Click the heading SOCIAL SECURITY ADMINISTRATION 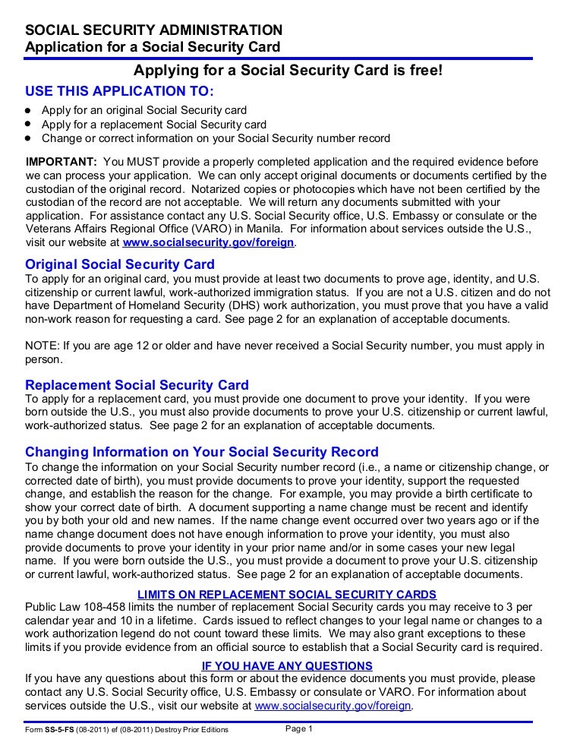[154, 30]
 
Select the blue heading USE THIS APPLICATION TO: [120, 91]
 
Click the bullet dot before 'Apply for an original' [28, 110]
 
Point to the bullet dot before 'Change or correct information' [28, 138]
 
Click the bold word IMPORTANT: [61, 162]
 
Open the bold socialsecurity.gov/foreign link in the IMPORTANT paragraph [209, 244]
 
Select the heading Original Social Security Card [120, 264]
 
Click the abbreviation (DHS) [241, 305]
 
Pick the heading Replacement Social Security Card [137, 384]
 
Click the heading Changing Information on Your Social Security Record [202, 452]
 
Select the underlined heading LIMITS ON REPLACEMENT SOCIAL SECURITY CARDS [287, 594]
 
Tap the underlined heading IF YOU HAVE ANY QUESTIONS [287, 665]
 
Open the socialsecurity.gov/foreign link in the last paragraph [333, 706]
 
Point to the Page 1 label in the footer [299, 728]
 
